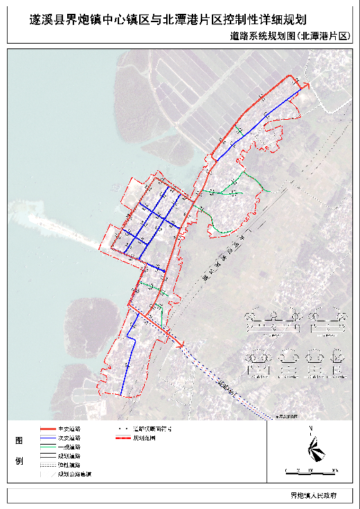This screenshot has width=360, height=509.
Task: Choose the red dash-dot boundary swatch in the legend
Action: tap(123, 438)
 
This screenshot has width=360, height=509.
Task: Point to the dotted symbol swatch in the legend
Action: tap(123, 429)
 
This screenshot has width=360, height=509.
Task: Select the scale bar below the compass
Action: tap(311, 471)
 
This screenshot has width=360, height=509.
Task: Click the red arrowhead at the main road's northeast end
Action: tap(305, 85)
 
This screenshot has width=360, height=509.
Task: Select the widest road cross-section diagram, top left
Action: tap(273, 321)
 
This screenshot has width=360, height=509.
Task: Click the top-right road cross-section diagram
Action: tap(326, 321)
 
